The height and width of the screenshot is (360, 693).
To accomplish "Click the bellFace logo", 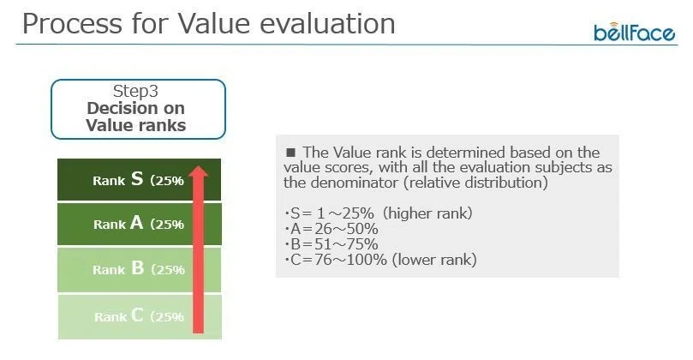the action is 634,32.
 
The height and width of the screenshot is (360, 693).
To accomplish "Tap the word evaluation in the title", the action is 327,24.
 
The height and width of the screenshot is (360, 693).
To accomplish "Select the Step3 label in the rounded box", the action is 135,91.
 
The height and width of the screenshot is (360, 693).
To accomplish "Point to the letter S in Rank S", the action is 137,179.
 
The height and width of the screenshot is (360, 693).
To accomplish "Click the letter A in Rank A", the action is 137,223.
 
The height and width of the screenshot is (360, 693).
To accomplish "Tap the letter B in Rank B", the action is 137,268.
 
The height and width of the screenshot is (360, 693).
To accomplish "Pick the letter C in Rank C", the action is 137,315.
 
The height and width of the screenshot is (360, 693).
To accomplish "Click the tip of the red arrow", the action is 199,166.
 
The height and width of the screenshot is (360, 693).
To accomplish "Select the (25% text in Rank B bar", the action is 168,269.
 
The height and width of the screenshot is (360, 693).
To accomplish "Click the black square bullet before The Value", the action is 290,153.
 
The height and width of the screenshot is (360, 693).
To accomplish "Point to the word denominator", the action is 354,183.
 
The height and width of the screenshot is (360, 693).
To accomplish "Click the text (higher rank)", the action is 427,213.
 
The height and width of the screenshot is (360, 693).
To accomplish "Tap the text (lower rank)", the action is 434,260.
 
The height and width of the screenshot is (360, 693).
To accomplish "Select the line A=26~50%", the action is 332,229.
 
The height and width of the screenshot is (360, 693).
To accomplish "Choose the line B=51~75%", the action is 332,244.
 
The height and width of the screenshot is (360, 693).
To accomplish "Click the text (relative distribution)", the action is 475,183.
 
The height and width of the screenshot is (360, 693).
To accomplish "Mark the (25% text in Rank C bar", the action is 167,316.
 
